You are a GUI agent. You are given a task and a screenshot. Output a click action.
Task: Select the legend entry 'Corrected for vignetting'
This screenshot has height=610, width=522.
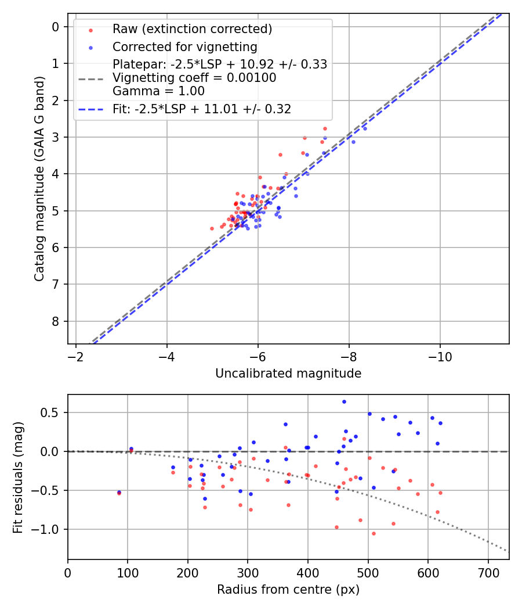184,46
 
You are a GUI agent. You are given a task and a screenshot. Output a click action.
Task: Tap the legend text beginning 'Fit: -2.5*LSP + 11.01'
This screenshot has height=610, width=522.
202,109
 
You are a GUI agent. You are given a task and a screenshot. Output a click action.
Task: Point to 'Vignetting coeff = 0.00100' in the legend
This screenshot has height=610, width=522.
194,78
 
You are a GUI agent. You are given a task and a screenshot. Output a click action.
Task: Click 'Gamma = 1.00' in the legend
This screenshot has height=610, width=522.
158,91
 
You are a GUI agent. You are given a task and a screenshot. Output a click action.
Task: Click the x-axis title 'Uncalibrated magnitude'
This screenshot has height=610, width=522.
288,374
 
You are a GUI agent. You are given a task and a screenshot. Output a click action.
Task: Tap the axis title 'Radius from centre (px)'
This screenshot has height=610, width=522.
288,590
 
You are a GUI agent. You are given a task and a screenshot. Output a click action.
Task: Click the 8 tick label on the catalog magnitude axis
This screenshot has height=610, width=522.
55,321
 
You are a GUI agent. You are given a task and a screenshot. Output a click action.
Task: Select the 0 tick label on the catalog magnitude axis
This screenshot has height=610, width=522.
55,27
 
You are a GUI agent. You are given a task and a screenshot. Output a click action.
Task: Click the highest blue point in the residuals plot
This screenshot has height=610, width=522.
344,401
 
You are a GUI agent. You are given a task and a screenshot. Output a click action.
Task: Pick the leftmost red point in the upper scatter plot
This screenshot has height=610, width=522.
212,228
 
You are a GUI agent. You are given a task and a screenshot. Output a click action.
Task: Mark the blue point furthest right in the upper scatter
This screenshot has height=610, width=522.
365,128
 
